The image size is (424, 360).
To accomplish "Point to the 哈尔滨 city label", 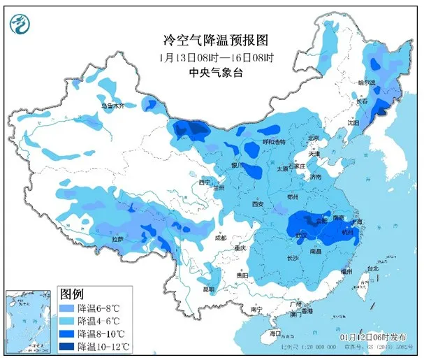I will tap(366, 84).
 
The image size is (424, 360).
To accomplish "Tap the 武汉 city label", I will tap(302, 234).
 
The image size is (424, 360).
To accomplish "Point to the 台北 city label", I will tap(372, 268).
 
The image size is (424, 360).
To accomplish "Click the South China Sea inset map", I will tap(27, 321).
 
